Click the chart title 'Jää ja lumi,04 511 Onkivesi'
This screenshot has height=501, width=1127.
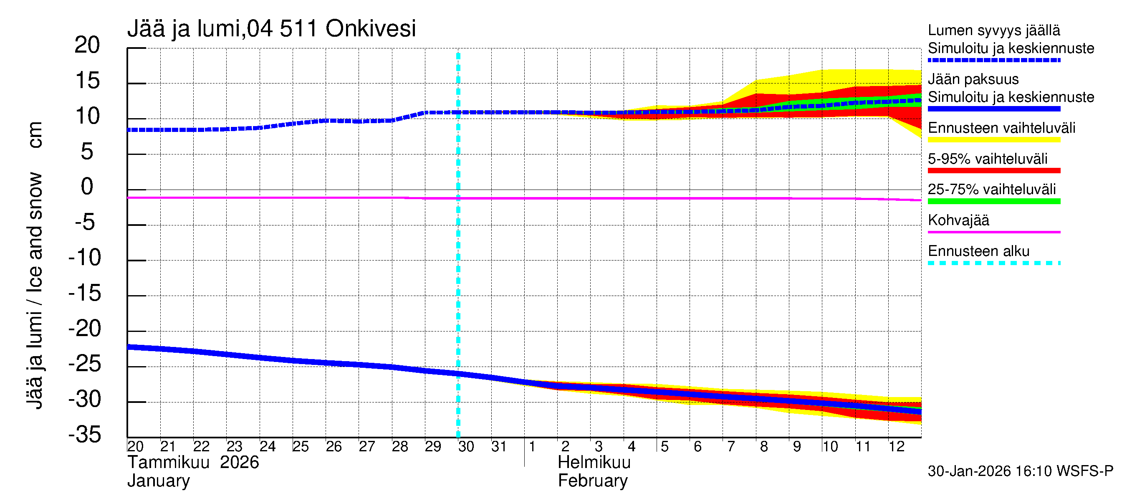[x=271, y=29]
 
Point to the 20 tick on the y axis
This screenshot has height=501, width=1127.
[x=87, y=45]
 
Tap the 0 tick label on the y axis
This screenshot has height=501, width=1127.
[x=87, y=187]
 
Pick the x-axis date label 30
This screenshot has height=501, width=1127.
[x=466, y=447]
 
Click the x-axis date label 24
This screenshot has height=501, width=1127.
[x=267, y=447]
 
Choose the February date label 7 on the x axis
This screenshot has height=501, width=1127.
[x=730, y=447]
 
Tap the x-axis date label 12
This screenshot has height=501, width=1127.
[x=896, y=447]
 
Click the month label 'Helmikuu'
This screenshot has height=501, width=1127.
[x=594, y=463]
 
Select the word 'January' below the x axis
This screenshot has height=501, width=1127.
[x=158, y=481]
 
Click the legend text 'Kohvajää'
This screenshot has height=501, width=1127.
[x=958, y=220]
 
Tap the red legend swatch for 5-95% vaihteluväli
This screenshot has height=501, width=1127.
[x=993, y=171]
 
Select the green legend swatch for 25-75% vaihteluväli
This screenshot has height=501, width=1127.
[x=993, y=201]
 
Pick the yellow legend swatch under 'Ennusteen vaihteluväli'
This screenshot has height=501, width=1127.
[x=993, y=140]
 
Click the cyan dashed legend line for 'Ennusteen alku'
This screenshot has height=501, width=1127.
[x=993, y=263]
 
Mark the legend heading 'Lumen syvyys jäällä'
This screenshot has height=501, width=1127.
[x=993, y=30]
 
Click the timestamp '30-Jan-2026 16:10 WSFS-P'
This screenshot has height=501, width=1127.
[x=1020, y=471]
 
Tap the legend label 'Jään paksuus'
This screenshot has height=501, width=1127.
[x=973, y=79]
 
